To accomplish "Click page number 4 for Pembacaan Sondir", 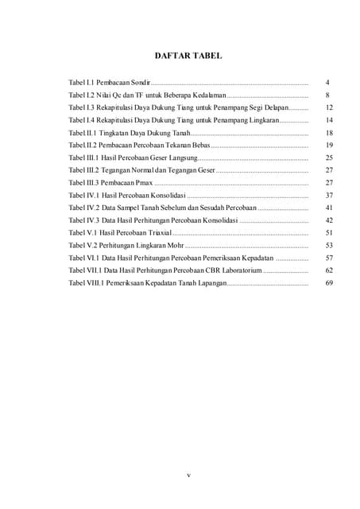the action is [327, 82].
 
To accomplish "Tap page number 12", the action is [328, 107].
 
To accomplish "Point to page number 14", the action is [328, 120].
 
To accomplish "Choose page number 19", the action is [328, 146].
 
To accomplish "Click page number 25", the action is [328, 157].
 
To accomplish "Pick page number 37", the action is [328, 195].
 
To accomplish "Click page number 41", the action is [328, 208].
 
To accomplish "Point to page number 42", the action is [328, 220].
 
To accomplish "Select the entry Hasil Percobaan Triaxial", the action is [118, 233].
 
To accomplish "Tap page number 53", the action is [328, 246].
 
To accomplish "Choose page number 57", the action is [328, 258].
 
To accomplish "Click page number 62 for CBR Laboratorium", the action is [328, 270].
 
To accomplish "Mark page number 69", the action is [328, 283].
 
